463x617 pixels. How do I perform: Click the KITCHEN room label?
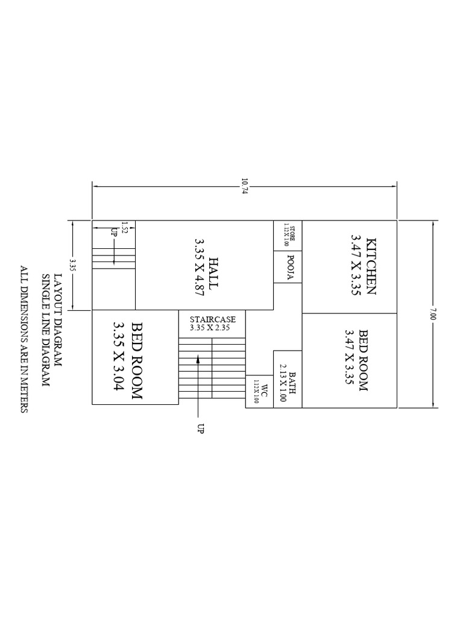[x=370, y=266]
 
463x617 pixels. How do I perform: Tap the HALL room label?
[x=213, y=274]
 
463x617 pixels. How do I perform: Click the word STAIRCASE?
[x=212, y=319]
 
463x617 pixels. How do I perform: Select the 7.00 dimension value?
[x=432, y=314]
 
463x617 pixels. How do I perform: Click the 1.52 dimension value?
[x=125, y=227]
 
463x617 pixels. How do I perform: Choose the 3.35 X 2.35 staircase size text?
[x=212, y=328]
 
